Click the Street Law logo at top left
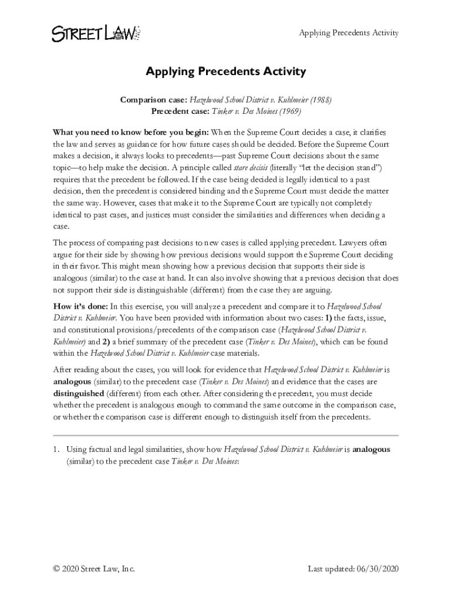(x=95, y=33)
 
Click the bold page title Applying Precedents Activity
(x=226, y=72)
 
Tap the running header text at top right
(x=349, y=32)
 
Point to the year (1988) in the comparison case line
(x=321, y=100)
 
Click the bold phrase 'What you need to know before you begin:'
(x=131, y=132)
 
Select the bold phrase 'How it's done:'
(x=80, y=306)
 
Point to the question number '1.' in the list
(x=56, y=450)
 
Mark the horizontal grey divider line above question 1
(x=226, y=435)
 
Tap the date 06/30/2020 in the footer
(x=377, y=569)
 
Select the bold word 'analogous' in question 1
(x=372, y=450)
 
